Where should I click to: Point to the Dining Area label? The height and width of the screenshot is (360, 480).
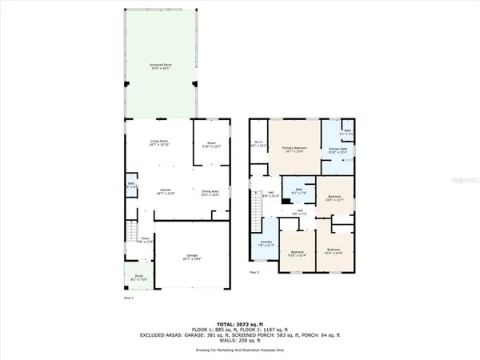click(210, 193)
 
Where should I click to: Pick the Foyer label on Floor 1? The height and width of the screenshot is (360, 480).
click(145, 239)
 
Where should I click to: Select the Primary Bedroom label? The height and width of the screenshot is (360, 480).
click(294, 149)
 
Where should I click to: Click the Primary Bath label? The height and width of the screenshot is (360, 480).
click(338, 150)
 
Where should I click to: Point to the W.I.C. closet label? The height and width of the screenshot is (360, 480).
click(258, 146)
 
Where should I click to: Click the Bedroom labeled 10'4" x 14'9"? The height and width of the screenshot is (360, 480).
click(334, 252)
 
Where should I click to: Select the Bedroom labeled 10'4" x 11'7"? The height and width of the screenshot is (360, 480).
click(335, 199)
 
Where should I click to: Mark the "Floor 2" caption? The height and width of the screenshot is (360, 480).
click(254, 272)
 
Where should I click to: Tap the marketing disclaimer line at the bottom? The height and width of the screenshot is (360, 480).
click(240, 350)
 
